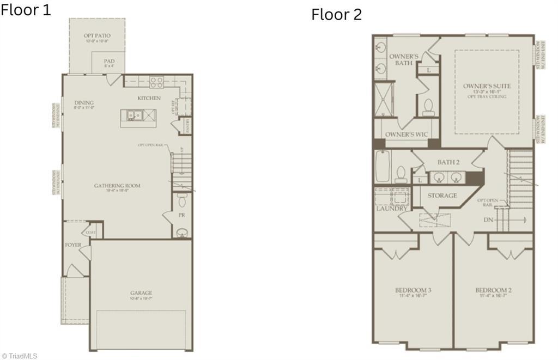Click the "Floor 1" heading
[26, 10]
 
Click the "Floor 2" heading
[336, 15]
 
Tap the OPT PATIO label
[97, 36]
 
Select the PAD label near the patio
[109, 62]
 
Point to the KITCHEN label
[149, 98]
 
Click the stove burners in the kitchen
[157, 82]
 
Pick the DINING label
[84, 102]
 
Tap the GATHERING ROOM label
[117, 186]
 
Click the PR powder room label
[181, 216]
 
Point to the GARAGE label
[141, 293]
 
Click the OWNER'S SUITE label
[487, 86]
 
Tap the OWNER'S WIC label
[406, 135]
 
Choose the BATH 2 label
[449, 162]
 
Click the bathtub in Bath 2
[381, 168]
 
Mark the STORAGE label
[442, 196]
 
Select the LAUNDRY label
[391, 209]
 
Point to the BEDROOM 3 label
[413, 290]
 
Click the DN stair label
[489, 219]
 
